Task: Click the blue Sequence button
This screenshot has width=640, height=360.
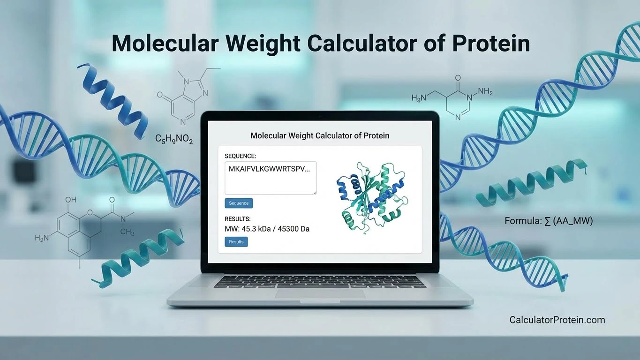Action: tap(239, 203)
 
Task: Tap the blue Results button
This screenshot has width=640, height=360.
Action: tap(236, 242)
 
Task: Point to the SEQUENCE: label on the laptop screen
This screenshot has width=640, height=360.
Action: tap(241, 156)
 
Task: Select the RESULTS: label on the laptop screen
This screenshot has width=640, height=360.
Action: tap(238, 218)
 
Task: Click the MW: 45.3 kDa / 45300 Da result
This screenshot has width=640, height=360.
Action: tap(267, 229)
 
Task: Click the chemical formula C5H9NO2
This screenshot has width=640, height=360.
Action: tap(174, 139)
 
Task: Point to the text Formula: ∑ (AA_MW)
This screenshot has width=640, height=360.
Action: tap(549, 221)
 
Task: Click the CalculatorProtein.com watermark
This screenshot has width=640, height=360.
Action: tap(557, 320)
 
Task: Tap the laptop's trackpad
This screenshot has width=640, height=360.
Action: tap(320, 293)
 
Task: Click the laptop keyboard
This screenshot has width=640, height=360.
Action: tap(320, 281)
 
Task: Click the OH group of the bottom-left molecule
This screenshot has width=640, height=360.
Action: tap(70, 200)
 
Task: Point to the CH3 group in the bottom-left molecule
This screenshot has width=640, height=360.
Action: tap(127, 232)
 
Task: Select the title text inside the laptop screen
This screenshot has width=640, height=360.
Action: tap(320, 136)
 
